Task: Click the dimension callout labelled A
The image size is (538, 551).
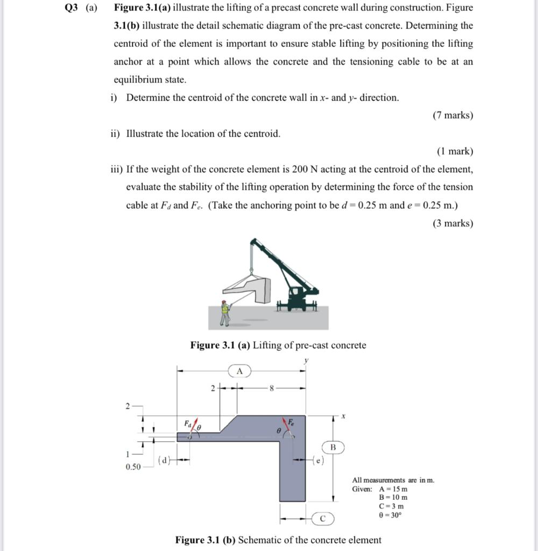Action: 240,371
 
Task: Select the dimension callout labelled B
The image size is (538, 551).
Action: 332,447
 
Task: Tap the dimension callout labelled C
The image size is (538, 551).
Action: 322,519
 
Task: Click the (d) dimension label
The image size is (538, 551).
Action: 165,460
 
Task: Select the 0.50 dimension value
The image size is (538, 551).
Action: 133,467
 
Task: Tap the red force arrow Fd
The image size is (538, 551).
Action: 195,425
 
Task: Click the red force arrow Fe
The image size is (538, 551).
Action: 286,425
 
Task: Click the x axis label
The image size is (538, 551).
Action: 342,416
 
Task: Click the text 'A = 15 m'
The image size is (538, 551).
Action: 393,489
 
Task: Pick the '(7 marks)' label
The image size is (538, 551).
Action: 452,115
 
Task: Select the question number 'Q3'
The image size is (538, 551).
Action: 73,8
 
